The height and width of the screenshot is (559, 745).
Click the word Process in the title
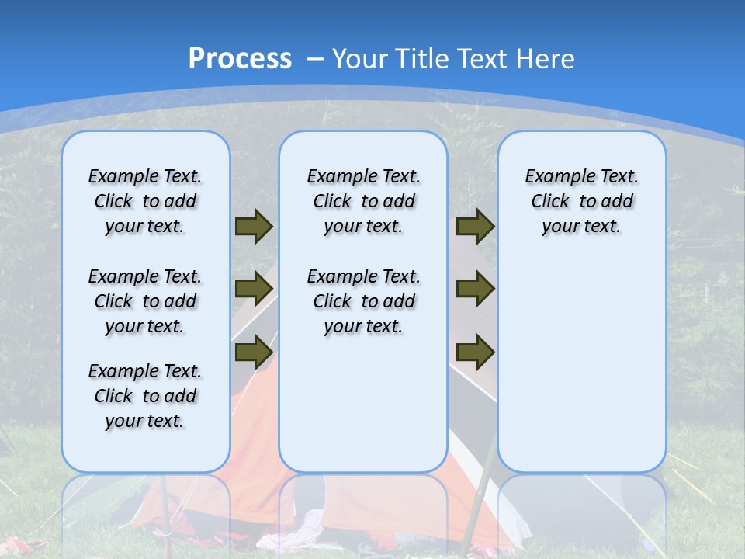point(240,59)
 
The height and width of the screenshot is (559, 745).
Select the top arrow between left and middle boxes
point(254,226)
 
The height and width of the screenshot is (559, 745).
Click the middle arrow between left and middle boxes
point(254,289)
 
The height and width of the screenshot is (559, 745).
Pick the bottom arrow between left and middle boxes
point(254,352)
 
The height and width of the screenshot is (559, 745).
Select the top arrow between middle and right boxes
point(475,226)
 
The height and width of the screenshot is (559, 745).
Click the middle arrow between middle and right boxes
point(475,289)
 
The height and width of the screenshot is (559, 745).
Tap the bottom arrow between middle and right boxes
point(475,352)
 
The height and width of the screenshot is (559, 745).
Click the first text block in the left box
point(145,201)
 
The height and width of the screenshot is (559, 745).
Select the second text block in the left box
point(145,301)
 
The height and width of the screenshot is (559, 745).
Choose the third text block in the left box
point(145,396)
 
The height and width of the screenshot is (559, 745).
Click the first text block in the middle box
point(363,201)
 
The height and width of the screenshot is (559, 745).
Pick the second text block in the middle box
point(363,301)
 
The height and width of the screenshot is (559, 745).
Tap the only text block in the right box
point(581,201)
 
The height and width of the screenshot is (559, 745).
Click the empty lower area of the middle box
point(363,404)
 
